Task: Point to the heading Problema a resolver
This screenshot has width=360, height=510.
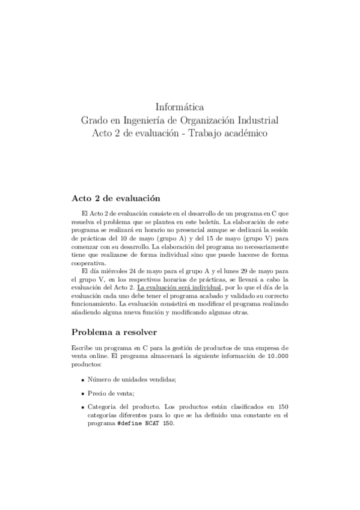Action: [114, 331]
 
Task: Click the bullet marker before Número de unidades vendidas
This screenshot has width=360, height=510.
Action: [82, 380]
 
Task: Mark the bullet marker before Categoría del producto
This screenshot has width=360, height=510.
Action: [82, 407]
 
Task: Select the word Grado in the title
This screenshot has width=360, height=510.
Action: [96, 120]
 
